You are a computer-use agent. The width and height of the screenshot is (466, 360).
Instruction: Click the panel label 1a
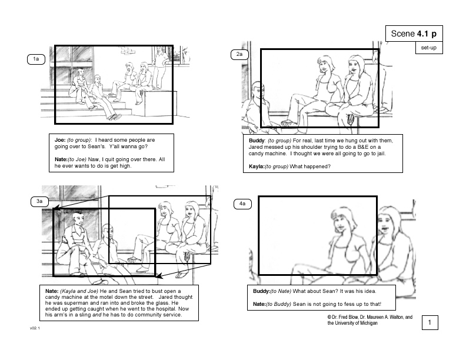point(36,59)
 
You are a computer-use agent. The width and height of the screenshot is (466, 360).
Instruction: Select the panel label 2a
point(239,54)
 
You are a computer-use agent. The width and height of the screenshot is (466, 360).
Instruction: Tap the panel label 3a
point(39,201)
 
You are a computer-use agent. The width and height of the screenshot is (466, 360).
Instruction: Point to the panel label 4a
point(242,204)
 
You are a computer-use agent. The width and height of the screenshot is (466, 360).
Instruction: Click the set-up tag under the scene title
point(429,48)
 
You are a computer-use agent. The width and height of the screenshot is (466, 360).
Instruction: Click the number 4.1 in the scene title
point(422,34)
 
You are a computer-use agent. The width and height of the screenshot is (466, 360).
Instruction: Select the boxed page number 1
point(430,322)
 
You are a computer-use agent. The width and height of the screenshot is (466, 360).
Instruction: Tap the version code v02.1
point(35,328)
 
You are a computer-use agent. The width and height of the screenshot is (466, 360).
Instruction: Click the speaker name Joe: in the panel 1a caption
point(60,140)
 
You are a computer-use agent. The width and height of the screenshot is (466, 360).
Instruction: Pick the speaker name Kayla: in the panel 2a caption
point(257,166)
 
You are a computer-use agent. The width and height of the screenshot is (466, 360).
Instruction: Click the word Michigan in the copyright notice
point(368,323)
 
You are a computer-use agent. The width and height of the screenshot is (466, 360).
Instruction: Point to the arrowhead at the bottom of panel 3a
point(159,276)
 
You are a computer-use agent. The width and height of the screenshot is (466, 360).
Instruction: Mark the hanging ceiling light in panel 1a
point(128,52)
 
